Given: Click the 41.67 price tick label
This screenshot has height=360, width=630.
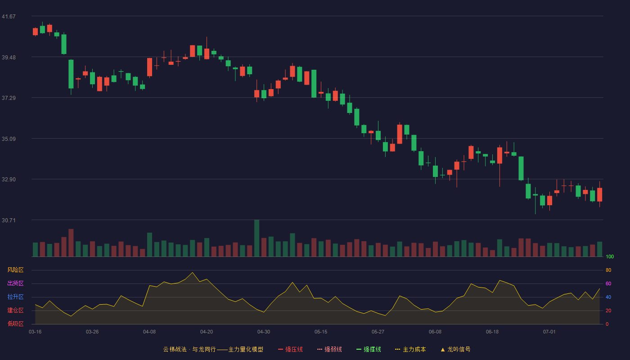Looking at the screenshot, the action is (x=9, y=17).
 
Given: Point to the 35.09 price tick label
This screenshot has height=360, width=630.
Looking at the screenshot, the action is (x=9, y=139).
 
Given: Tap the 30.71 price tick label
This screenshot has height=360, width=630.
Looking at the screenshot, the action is (x=9, y=220).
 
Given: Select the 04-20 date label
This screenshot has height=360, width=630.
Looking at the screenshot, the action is (x=207, y=332).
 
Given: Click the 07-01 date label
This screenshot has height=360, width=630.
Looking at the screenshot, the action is (x=549, y=332).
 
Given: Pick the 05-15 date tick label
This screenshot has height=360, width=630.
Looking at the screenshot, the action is (x=321, y=332).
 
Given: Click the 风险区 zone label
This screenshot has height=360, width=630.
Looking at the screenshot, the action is (x=15, y=270).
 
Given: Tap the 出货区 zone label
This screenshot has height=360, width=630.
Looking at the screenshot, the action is (x=15, y=283).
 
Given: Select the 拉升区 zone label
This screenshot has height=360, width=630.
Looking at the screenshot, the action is (x=15, y=297).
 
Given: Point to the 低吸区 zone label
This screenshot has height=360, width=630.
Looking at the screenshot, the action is (x=15, y=324).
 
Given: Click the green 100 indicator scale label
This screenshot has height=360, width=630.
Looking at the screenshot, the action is (x=610, y=256).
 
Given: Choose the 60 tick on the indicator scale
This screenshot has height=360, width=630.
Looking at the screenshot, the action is (x=608, y=283).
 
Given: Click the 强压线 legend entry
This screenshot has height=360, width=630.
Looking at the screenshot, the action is (x=290, y=349).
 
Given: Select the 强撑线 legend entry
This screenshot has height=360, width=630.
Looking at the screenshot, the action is (x=369, y=349).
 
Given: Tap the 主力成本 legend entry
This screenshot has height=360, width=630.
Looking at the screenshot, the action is (x=410, y=349).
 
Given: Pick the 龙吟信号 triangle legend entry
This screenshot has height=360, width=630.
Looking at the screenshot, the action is (x=455, y=349).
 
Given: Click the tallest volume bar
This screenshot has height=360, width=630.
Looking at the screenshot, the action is (x=257, y=238).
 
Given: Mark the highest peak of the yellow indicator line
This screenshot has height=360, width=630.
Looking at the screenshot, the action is (x=193, y=272).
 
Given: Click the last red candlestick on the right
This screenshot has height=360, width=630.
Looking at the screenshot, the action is (x=599, y=194).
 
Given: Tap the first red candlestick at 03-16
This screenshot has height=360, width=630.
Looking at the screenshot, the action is (x=35, y=31).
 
